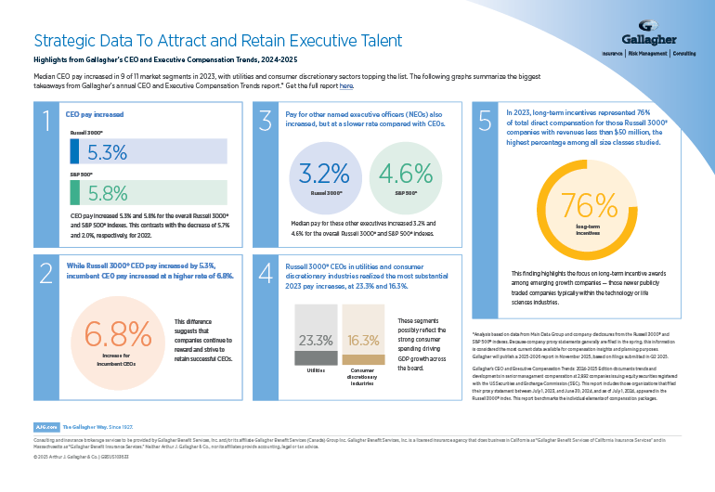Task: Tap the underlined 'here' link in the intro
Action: coord(346,85)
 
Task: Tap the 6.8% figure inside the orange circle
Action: coord(118,333)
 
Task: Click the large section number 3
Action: coord(266,121)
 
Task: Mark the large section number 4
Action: coord(266,275)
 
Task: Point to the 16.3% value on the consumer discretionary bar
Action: coord(364,341)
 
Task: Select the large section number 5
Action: coord(485,121)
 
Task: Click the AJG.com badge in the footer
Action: coord(45,425)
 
